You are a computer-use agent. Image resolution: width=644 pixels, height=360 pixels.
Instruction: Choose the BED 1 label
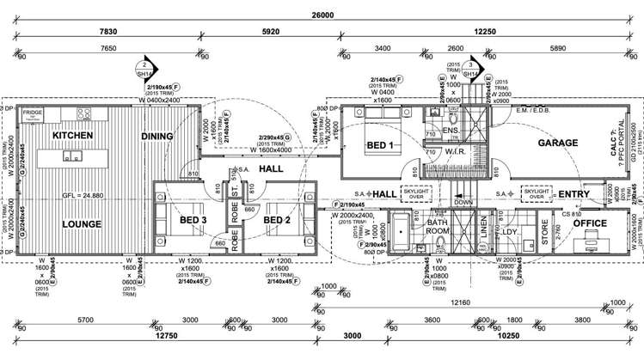coord(379,144)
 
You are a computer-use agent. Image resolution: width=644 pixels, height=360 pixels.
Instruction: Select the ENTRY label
coord(573,195)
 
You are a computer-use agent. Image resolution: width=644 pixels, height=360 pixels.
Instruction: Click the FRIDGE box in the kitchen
coord(34,113)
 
